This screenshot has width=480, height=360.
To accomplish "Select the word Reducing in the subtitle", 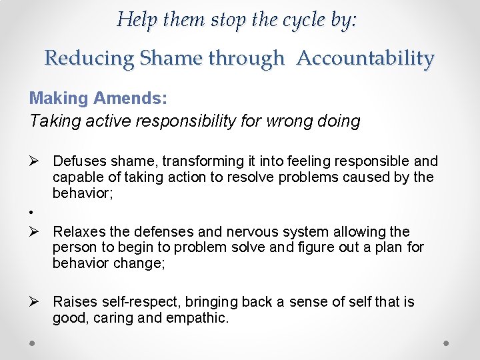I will (89, 58).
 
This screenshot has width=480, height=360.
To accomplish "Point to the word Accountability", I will (365, 58).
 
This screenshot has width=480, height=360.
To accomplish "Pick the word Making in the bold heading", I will (59, 99).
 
